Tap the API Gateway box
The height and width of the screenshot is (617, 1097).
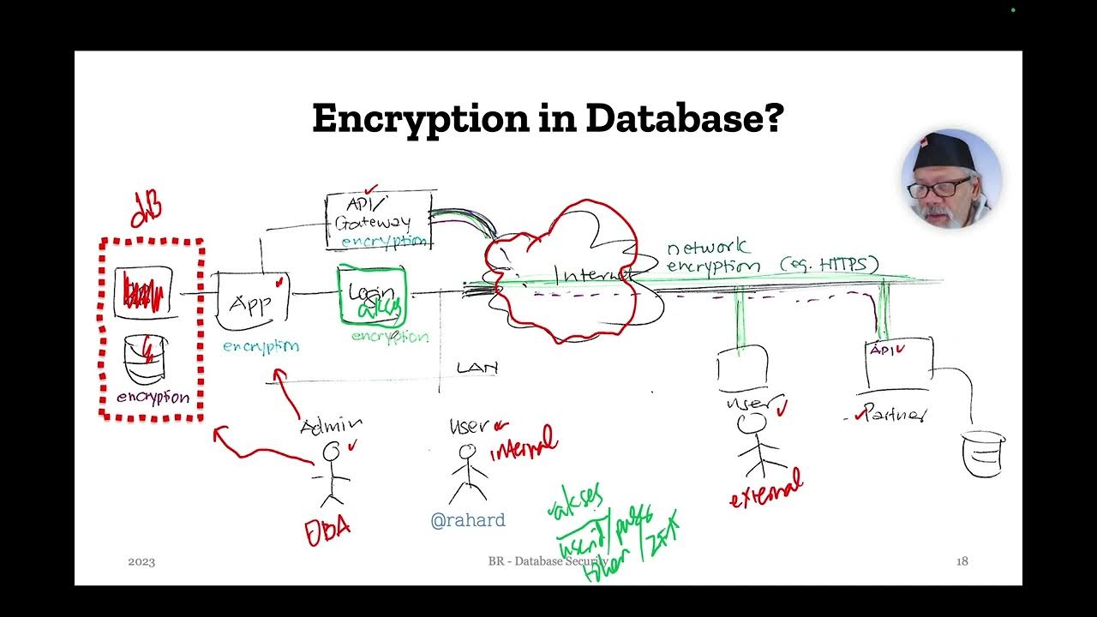point(378,220)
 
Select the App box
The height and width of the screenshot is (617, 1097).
point(252,302)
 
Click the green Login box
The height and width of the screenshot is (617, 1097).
point(372,297)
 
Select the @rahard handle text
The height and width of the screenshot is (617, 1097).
point(468,520)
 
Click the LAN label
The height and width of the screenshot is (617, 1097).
point(477,368)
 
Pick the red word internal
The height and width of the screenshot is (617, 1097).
point(524,444)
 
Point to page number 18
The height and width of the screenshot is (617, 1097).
point(962,561)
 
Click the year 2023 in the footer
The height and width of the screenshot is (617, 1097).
point(141,562)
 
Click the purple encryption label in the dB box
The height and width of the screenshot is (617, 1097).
point(153,398)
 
